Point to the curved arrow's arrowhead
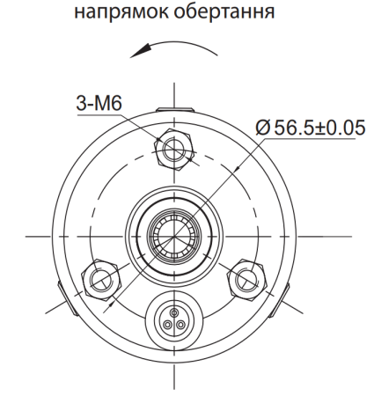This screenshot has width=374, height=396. (x=132, y=55)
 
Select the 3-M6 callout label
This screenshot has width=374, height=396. (x=99, y=106)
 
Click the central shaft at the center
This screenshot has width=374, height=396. (x=172, y=235)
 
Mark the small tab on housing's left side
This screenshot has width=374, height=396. (x=57, y=289)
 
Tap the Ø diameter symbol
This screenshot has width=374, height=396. (x=262, y=128)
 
